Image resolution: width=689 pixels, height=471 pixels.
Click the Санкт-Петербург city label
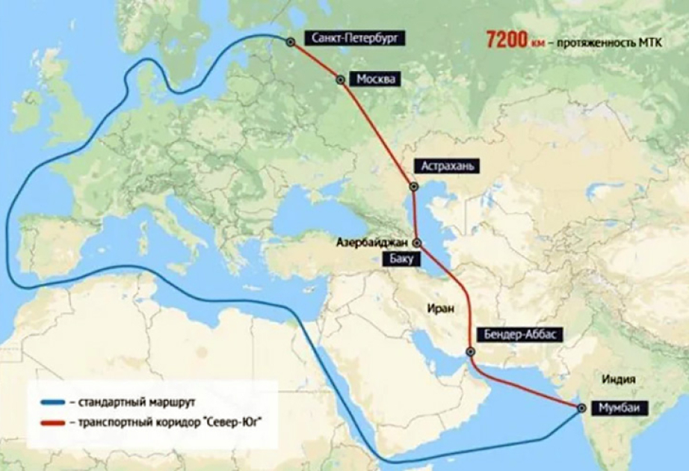click(x=356, y=37)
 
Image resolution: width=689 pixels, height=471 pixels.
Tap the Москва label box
click(x=377, y=79)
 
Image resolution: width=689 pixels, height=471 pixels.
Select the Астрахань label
click(x=448, y=166)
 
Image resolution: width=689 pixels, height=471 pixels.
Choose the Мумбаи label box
click(x=620, y=408)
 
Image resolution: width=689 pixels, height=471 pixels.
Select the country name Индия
click(x=620, y=379)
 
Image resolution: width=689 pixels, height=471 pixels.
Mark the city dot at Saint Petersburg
click(x=291, y=42)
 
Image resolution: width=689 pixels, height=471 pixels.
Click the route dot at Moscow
click(x=341, y=79)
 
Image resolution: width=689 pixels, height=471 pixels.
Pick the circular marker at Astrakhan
click(x=413, y=187)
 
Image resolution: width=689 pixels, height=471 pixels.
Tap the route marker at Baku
click(x=417, y=243)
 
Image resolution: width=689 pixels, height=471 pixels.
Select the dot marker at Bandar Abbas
click(x=470, y=351)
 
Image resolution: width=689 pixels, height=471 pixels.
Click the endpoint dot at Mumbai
click(x=581, y=408)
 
